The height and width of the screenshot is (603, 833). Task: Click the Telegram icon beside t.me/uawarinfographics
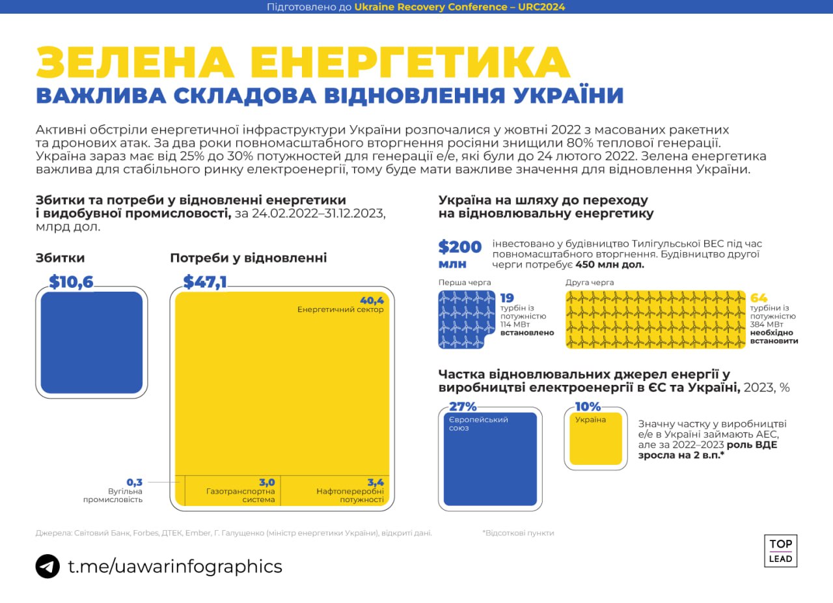click(48, 566)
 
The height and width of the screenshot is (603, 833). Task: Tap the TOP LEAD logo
click(780, 551)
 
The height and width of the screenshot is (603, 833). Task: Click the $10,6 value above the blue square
click(72, 282)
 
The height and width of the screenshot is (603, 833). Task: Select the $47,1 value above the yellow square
click(205, 282)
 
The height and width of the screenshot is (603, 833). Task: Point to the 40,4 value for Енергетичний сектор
click(372, 300)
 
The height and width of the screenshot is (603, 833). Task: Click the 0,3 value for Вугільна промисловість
click(134, 482)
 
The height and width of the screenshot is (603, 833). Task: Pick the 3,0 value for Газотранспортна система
click(267, 483)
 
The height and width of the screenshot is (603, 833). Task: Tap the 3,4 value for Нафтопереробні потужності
click(376, 483)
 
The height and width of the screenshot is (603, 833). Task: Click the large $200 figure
click(460, 247)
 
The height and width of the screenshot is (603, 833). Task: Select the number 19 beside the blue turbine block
click(507, 298)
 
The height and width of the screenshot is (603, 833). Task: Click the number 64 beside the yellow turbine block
click(759, 298)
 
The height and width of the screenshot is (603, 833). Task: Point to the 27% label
click(463, 407)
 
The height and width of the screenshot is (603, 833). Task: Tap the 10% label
click(588, 407)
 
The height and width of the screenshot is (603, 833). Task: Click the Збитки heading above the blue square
click(60, 258)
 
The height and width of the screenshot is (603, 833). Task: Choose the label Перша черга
click(465, 283)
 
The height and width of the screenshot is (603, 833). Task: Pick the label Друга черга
click(590, 283)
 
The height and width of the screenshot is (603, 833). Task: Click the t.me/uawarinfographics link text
click(175, 566)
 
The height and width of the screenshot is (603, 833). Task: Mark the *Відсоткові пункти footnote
click(518, 533)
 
